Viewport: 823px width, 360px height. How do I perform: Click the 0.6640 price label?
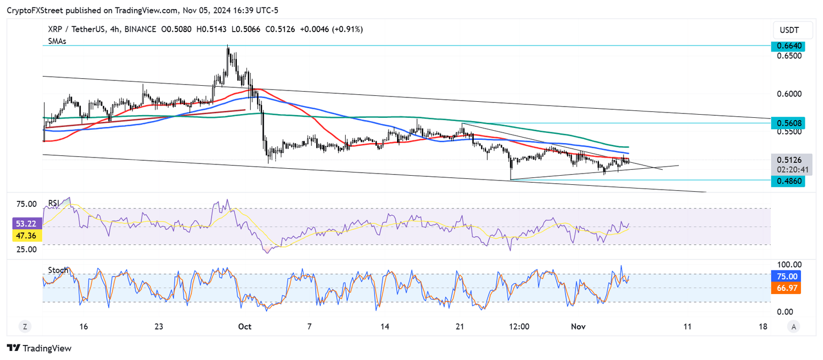[x=789, y=46]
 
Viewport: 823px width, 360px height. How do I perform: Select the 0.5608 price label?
[x=789, y=123]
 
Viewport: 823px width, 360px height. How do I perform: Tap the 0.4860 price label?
[x=789, y=181]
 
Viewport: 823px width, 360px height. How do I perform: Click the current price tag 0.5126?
[x=789, y=159]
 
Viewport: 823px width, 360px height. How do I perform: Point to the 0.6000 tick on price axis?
[x=788, y=94]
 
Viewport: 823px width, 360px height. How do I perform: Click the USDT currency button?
[x=789, y=30]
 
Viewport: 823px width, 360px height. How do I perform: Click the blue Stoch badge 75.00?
[x=789, y=276]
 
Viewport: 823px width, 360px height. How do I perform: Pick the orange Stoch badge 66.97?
[x=789, y=288]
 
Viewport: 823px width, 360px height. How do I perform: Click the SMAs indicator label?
[x=57, y=41]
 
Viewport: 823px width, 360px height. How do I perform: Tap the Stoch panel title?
[x=58, y=270]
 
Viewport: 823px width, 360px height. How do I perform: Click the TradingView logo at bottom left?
[x=39, y=348]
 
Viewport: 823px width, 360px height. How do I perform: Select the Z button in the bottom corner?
[x=25, y=326]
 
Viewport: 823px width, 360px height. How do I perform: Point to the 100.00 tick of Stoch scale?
[x=789, y=265]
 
